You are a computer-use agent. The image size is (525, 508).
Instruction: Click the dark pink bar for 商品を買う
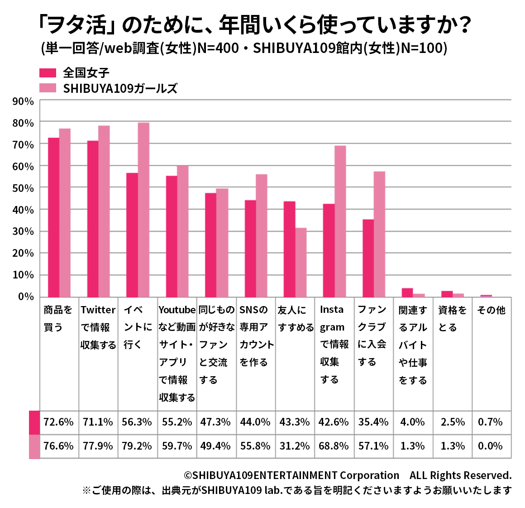click(53, 217)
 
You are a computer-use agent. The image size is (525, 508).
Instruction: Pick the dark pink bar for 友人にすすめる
click(289, 249)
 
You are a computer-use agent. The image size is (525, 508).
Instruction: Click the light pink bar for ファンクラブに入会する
click(379, 234)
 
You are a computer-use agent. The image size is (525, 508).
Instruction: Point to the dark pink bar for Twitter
click(93, 219)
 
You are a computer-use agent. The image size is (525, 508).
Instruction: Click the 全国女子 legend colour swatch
click(48, 73)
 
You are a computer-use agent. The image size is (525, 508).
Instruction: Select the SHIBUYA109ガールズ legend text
click(120, 88)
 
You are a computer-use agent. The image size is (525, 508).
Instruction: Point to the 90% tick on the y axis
click(23, 101)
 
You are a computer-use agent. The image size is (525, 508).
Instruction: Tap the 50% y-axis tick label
click(23, 188)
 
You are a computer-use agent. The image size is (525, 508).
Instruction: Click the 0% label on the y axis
click(26, 297)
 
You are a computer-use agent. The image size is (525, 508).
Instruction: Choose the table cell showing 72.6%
click(58, 422)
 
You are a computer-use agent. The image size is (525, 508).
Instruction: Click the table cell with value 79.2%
click(137, 446)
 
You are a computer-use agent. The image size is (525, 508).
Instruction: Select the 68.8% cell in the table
click(334, 446)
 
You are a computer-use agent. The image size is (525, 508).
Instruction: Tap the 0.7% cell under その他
click(490, 422)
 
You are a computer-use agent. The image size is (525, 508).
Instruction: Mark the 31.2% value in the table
click(295, 446)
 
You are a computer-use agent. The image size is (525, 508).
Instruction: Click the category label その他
click(491, 310)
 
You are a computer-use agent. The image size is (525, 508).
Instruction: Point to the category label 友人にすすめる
click(296, 319)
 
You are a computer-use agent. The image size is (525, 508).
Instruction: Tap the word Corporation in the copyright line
click(369, 475)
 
